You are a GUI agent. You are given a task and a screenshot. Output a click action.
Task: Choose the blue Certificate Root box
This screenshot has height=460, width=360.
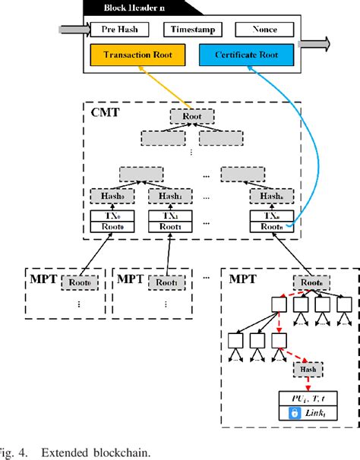pyautogui.click(x=248, y=55)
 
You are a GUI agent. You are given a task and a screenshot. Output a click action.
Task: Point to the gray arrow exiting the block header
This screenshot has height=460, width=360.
pyautogui.click(x=317, y=43)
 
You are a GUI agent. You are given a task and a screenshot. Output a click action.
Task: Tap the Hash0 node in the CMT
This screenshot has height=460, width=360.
pyautogui.click(x=110, y=196)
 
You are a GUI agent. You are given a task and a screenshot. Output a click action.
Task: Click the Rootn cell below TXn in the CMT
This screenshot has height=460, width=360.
pyautogui.click(x=270, y=225)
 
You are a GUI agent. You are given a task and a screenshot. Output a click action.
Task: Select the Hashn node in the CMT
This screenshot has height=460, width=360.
pyautogui.click(x=270, y=196)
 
